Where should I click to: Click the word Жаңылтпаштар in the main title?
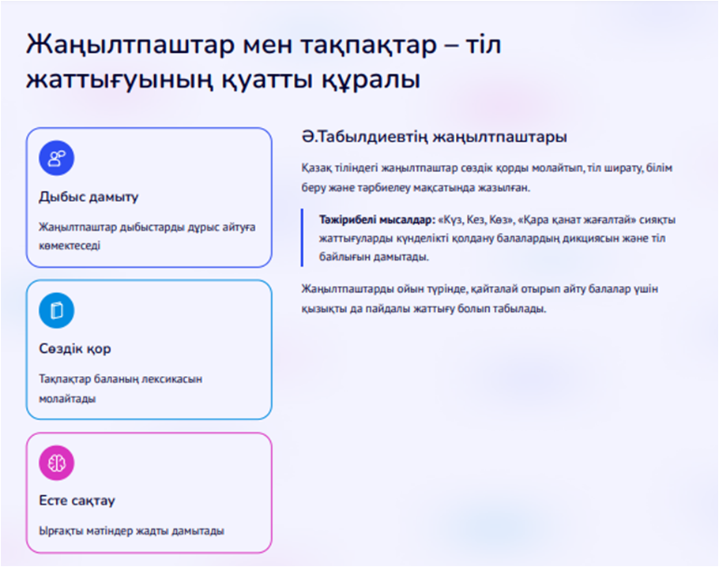(x=130, y=46)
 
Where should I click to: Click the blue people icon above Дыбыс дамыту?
(x=56, y=158)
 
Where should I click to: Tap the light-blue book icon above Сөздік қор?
(x=56, y=310)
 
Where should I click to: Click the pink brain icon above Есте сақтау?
(x=56, y=463)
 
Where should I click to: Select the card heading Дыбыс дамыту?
(x=88, y=197)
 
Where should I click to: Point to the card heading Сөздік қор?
(x=75, y=349)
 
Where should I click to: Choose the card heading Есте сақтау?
(x=77, y=501)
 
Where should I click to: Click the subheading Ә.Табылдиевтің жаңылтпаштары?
(x=435, y=137)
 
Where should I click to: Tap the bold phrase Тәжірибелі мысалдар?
(x=377, y=220)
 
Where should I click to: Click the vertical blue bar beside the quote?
(x=302, y=238)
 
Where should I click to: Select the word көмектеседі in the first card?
(x=70, y=246)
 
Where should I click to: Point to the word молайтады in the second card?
(x=67, y=399)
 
